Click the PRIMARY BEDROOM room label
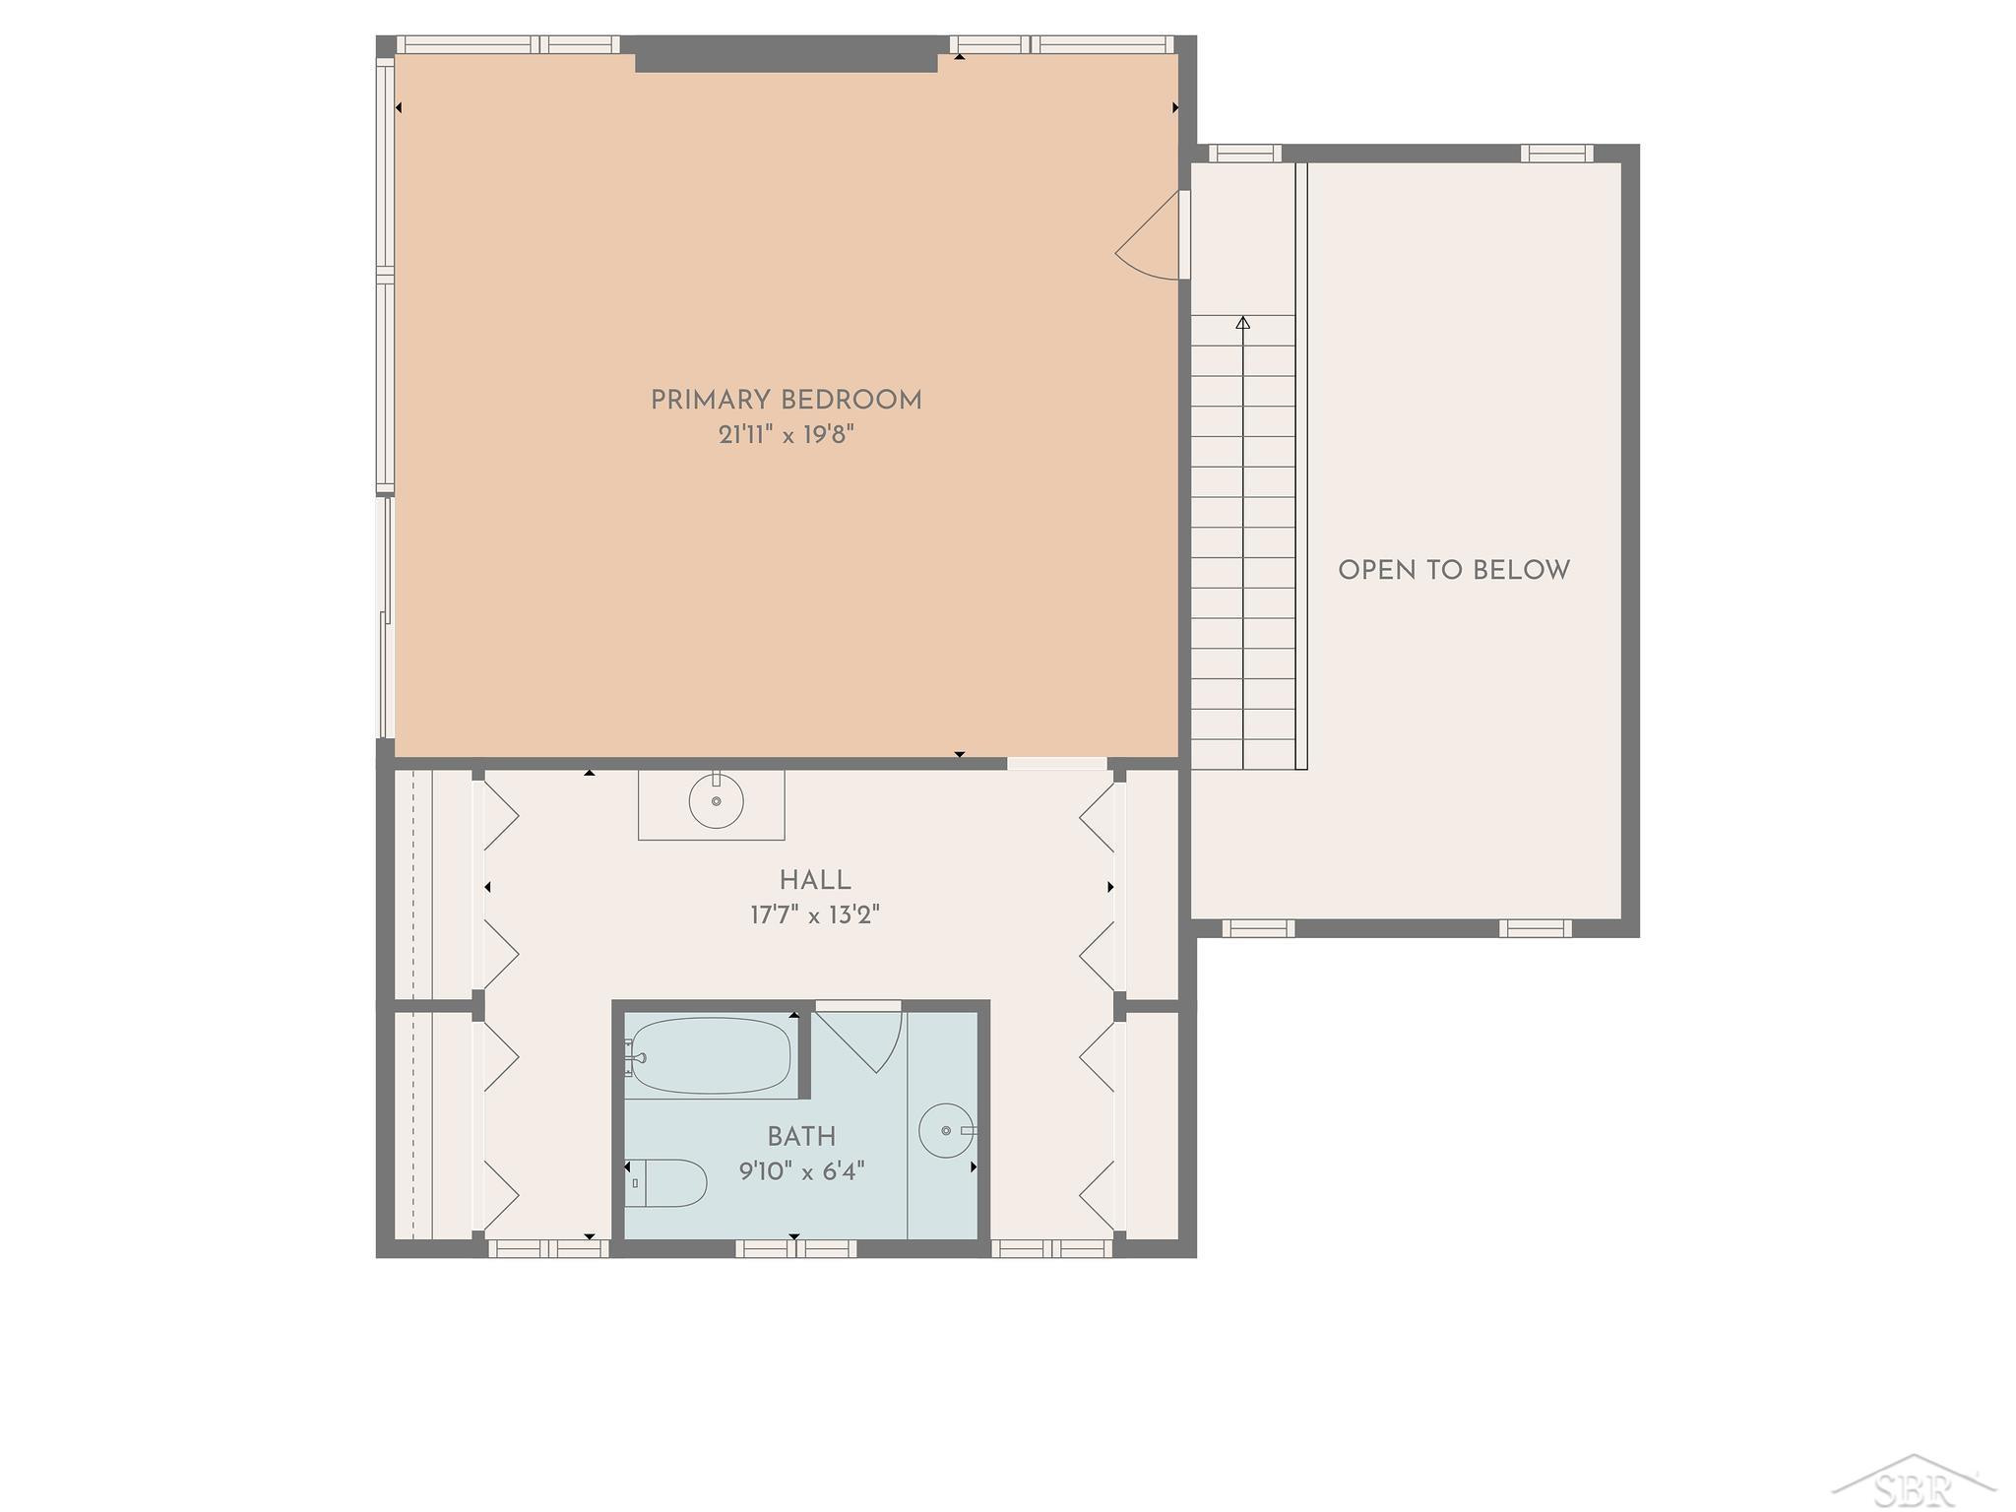(x=786, y=401)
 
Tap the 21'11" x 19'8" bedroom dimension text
(x=786, y=435)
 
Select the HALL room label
(x=815, y=880)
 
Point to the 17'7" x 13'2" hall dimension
(x=815, y=915)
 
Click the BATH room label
(x=801, y=1137)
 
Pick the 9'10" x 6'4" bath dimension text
(x=801, y=1171)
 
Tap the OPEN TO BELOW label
(x=1454, y=570)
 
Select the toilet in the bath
(x=666, y=1182)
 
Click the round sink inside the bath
(x=947, y=1130)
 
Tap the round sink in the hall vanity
(x=716, y=801)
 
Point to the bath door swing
(x=866, y=1043)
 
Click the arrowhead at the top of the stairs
(x=1243, y=322)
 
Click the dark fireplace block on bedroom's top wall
(x=787, y=54)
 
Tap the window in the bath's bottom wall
(x=795, y=1248)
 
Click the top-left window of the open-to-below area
(x=1244, y=154)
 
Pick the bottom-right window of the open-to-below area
(x=1535, y=928)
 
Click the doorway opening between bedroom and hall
(x=1056, y=764)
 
